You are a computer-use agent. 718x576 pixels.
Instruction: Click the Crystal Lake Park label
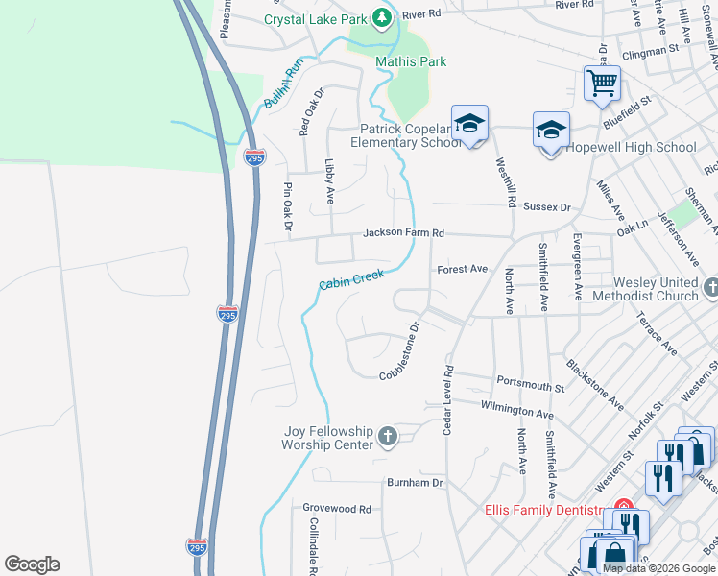pos(317,18)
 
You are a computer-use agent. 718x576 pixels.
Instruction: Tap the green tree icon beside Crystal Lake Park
pos(383,17)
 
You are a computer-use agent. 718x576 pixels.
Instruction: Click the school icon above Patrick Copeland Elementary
pos(469,124)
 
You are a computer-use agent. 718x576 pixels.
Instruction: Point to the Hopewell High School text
pos(631,147)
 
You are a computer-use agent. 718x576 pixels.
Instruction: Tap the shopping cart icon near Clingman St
pos(602,83)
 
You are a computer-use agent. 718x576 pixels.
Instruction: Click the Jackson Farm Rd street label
pos(403,233)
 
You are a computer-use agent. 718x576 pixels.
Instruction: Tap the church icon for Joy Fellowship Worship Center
pos(388,438)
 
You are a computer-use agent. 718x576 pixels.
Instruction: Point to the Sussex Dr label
pos(547,206)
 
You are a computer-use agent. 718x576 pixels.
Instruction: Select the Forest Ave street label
pos(463,270)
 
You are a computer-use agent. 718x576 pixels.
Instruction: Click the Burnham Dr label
pos(415,483)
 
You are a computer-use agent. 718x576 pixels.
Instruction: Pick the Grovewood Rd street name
pos(336,509)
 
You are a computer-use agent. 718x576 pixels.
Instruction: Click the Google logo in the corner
pos(33,564)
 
